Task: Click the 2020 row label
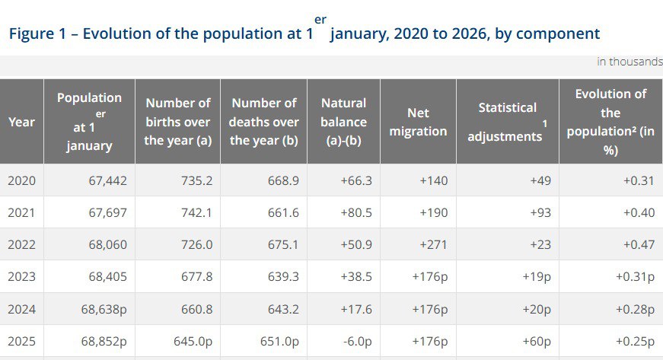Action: tap(21, 180)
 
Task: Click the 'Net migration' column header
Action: tap(418, 122)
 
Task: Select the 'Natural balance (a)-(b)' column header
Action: tap(343, 121)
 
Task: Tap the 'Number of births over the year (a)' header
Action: tap(178, 121)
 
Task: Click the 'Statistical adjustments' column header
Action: tap(507, 122)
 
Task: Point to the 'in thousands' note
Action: tap(629, 62)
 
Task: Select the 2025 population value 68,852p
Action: tap(101, 342)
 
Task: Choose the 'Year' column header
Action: tap(21, 121)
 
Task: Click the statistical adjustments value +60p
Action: tap(535, 342)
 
